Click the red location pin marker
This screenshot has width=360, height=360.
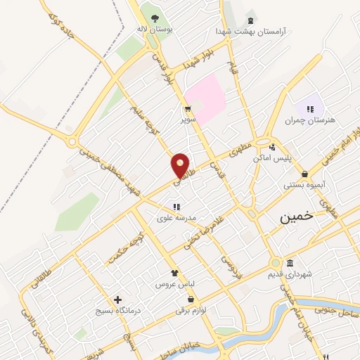click(181, 165)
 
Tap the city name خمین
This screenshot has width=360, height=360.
click(298, 217)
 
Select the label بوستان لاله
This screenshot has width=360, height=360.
click(154, 30)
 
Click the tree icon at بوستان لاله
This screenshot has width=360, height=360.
click(155, 18)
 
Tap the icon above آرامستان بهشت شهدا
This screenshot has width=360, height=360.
click(251, 19)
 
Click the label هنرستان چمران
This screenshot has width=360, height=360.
click(310, 120)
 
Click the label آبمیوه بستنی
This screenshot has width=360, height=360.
click(304, 186)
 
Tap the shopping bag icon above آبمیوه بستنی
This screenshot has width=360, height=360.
click(304, 174)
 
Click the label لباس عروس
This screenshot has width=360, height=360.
click(174, 284)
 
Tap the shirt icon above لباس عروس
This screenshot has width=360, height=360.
click(174, 273)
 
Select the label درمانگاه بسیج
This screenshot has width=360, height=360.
click(117, 310)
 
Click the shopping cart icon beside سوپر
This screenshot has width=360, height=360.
click(188, 109)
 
